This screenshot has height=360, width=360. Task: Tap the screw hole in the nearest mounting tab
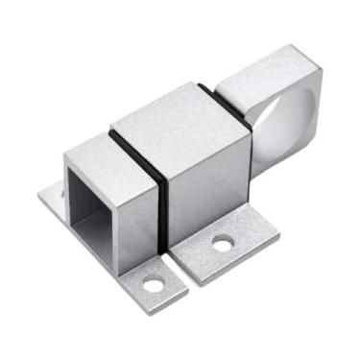(153, 284)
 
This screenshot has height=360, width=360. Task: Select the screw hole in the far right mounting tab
(222, 245)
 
